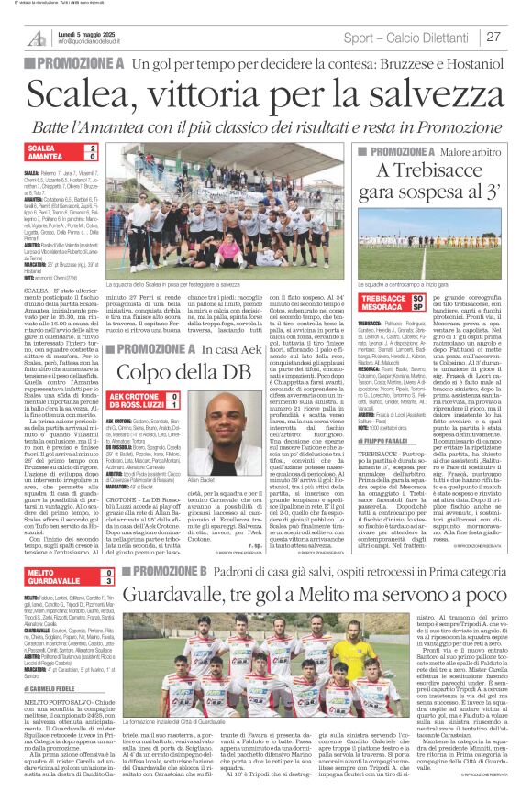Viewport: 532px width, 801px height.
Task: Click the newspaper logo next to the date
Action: [x=36, y=37]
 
